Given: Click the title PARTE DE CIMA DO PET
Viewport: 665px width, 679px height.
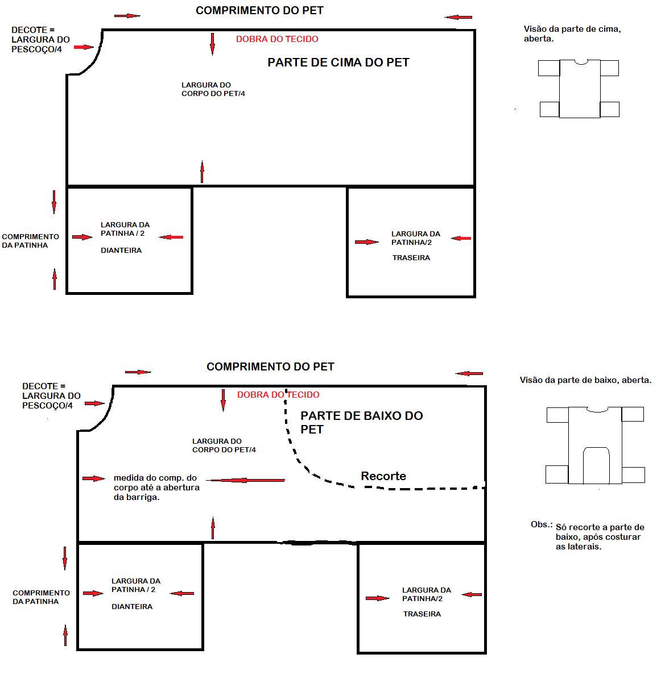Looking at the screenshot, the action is [338, 63].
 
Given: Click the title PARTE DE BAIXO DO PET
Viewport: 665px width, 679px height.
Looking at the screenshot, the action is [361, 422].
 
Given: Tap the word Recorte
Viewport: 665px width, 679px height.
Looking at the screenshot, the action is [383, 476].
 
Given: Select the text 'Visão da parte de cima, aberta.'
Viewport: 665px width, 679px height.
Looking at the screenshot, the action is [572, 34].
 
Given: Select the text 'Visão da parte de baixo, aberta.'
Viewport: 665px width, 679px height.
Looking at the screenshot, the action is [585, 380].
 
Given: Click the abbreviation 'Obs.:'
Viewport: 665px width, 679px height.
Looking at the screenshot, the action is [542, 524].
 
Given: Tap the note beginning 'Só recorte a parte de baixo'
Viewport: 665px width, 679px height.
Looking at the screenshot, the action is [600, 537].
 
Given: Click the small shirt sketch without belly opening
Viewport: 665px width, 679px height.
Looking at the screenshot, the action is [579, 88].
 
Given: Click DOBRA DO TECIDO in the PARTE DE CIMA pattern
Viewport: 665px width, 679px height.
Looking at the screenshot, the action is [277, 39].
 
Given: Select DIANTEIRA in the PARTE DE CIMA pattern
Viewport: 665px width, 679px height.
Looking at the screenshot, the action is [121, 251].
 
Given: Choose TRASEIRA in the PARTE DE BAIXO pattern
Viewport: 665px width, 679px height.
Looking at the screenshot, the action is [422, 614].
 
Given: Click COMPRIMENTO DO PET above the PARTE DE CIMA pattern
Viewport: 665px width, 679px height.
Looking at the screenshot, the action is [259, 11].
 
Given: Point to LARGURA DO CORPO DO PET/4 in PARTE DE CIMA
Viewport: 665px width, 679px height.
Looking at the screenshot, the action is [213, 89].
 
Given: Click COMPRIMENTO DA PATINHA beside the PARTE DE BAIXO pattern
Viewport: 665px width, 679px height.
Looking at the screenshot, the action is [41, 597].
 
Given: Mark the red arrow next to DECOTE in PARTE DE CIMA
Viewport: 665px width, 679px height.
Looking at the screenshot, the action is [83, 47].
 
